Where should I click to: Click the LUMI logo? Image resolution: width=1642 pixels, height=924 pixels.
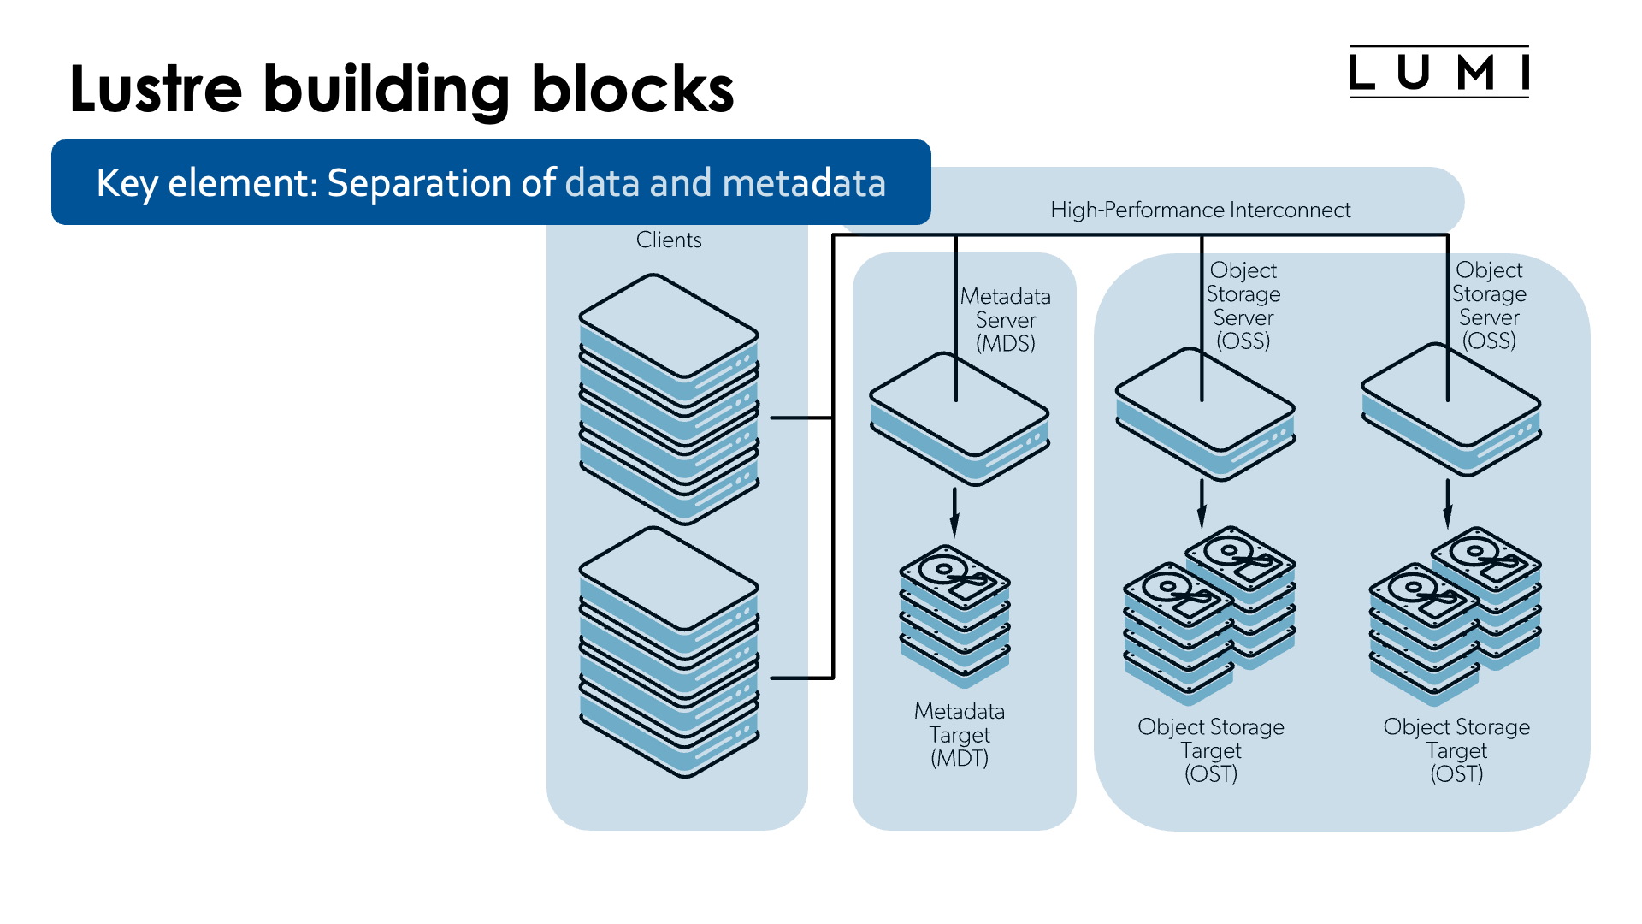click(x=1438, y=73)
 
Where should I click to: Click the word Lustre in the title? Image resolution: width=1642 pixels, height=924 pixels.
click(x=156, y=89)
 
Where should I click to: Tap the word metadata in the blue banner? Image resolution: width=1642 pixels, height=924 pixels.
click(x=804, y=183)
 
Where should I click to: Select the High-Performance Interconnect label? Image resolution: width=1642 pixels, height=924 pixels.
click(x=1200, y=210)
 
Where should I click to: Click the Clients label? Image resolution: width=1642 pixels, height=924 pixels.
click(x=668, y=240)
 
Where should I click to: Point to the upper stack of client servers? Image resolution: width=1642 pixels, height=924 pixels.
click(x=669, y=398)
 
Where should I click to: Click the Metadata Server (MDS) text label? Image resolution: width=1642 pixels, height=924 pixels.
click(x=1005, y=320)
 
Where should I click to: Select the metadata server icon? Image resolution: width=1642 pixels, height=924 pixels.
click(x=959, y=419)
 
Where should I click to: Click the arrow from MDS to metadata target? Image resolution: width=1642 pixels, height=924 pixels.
click(x=954, y=512)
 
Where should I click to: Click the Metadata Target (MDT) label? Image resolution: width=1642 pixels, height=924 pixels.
click(x=959, y=734)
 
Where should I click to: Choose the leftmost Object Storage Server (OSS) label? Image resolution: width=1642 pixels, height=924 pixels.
click(x=1243, y=305)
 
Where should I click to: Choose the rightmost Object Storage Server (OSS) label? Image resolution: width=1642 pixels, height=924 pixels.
click(x=1488, y=305)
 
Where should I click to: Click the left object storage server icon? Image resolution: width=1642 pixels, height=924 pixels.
click(x=1204, y=413)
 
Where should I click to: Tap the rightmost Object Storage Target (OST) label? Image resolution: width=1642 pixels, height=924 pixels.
click(x=1456, y=749)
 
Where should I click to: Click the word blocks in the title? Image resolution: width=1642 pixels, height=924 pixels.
click(x=632, y=89)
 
